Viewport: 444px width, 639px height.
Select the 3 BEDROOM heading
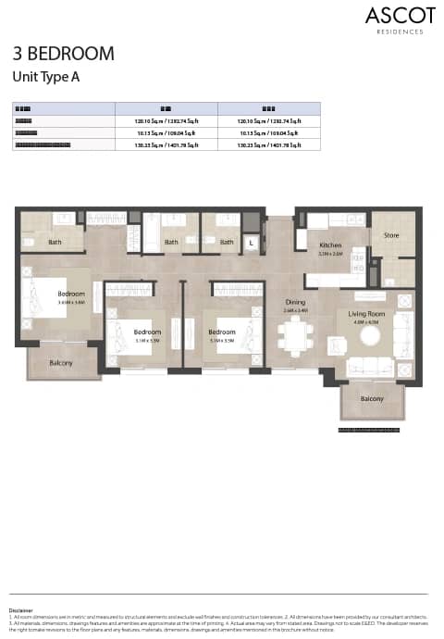(63, 54)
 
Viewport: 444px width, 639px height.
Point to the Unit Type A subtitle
(45, 77)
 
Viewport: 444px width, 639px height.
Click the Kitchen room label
(330, 245)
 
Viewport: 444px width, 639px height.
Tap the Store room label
(392, 236)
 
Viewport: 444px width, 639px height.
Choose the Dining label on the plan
(295, 302)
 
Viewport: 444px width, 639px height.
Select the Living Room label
(364, 315)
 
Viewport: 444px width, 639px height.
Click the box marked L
(251, 243)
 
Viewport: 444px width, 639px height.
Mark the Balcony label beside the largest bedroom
(62, 363)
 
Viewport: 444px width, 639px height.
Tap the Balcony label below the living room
(371, 398)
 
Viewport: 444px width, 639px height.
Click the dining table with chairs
(295, 338)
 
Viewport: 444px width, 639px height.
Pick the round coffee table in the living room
(370, 338)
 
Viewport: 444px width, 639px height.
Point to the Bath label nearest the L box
(227, 243)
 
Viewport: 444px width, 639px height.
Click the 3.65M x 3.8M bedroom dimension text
(70, 303)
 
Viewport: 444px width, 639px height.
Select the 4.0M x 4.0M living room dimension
(364, 323)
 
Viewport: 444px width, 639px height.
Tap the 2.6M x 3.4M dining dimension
(295, 310)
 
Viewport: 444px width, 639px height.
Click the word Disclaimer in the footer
(20, 610)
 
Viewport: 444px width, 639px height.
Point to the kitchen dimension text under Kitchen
(330, 253)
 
